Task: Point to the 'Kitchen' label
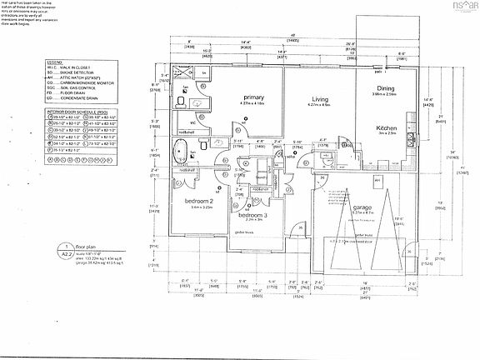(x=387, y=127)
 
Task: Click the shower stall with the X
(x=182, y=73)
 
